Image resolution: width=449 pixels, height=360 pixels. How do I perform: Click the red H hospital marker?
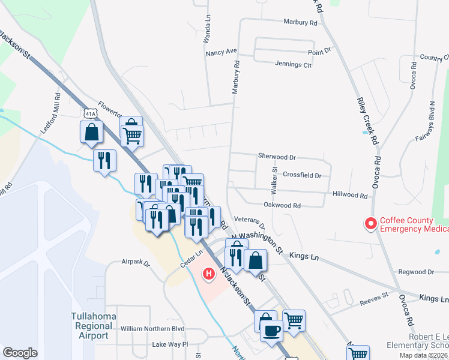[x=208, y=275]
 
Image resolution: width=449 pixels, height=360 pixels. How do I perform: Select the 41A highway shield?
[x=89, y=113]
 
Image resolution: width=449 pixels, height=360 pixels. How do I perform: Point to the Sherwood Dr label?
[x=277, y=157]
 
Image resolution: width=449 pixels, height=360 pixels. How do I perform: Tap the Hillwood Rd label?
[x=350, y=196]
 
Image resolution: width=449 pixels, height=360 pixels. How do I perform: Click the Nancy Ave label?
[x=221, y=53]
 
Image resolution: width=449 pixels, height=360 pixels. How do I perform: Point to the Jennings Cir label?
[x=293, y=65]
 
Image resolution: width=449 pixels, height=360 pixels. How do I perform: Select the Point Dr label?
[x=319, y=52]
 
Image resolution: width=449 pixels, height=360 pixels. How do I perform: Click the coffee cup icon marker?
[x=271, y=330]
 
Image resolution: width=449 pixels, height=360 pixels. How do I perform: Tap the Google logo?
[x=20, y=353]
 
